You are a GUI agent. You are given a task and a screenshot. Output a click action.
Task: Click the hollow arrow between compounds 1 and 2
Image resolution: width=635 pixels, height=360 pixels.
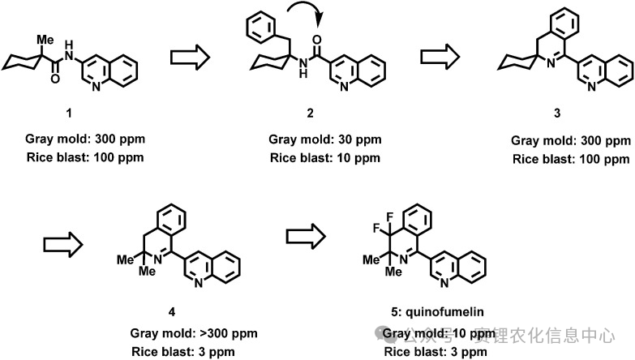(x=189, y=58)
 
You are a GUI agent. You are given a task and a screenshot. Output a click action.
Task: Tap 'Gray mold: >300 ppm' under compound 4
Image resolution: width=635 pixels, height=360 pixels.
(x=187, y=334)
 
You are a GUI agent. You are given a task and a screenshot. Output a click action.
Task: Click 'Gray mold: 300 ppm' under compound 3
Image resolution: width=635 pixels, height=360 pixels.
(x=571, y=140)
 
